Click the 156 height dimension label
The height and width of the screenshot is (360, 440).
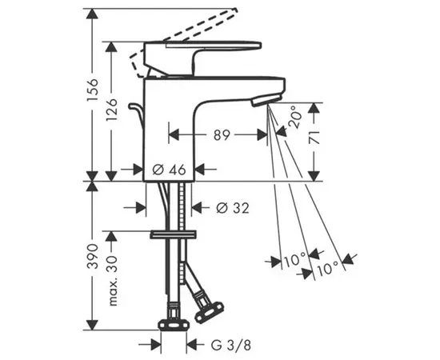tap(93, 90)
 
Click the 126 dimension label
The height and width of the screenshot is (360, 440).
tap(111, 110)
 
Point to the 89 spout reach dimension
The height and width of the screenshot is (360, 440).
tap(222, 135)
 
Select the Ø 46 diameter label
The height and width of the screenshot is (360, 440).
tap(170, 170)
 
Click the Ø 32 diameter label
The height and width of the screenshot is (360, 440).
tap(233, 208)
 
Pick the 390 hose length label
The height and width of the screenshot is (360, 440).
tap(93, 257)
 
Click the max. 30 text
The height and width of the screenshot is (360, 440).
tap(112, 281)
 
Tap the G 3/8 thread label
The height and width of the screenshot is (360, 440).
tap(230, 345)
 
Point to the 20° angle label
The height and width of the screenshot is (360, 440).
tap(295, 117)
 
